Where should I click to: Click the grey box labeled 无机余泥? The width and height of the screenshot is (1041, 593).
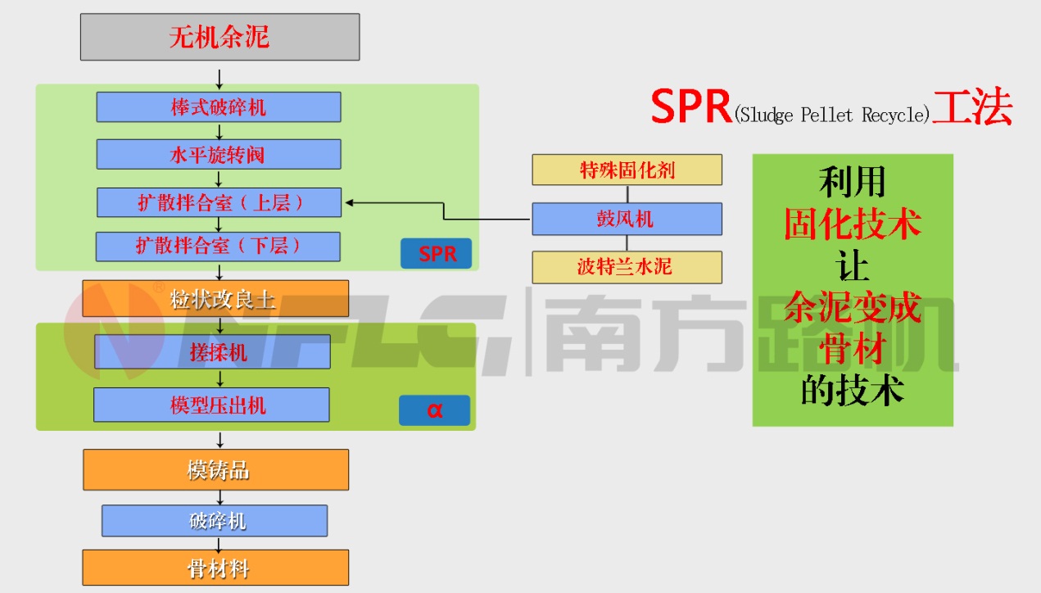point(220,37)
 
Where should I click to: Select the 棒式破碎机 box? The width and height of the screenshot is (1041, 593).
point(219,107)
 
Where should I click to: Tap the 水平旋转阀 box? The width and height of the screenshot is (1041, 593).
point(219,154)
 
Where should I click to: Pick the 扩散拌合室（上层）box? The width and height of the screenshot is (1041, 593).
point(219,202)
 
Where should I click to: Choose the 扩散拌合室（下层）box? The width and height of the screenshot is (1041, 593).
point(218,247)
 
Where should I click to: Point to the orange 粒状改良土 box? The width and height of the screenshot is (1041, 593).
point(215,299)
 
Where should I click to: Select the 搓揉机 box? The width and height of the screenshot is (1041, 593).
point(213,352)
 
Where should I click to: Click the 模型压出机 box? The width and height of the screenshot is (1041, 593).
point(211,405)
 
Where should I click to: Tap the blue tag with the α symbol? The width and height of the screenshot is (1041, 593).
point(434,410)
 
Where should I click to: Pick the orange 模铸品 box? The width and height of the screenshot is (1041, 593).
point(215,469)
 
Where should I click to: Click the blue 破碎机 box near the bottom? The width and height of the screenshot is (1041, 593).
point(215,521)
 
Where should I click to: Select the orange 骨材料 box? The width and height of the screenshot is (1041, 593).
point(215,568)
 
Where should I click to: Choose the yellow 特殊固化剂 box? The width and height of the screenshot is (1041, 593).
point(627,170)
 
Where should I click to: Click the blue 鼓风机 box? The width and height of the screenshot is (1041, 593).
point(627,219)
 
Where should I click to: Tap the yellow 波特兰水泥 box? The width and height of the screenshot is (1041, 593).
point(627,268)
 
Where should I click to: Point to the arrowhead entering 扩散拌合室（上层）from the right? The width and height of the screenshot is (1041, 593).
point(349,202)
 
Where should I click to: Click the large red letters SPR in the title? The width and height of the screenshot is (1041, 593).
point(691,107)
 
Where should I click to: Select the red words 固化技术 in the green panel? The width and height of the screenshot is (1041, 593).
point(852,224)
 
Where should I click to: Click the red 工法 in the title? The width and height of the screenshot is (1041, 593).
point(972,107)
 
